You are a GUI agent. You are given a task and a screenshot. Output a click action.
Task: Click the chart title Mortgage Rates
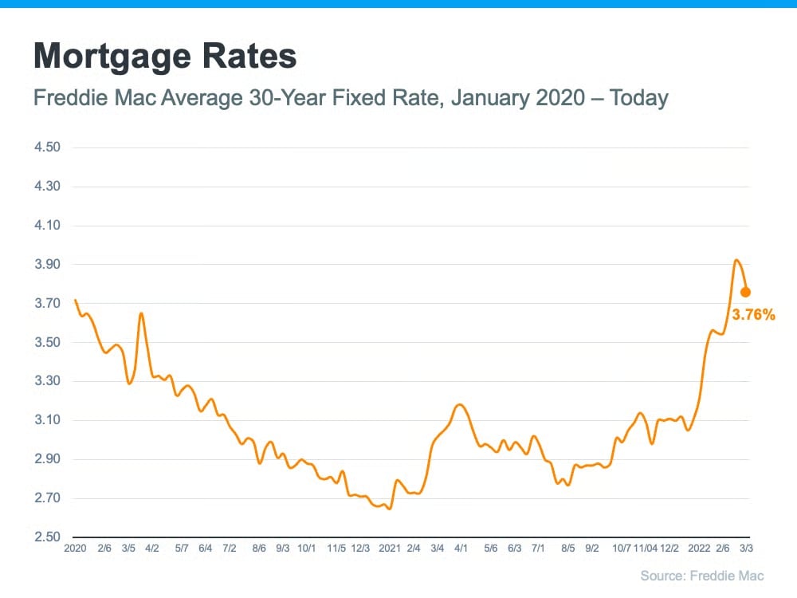point(164,57)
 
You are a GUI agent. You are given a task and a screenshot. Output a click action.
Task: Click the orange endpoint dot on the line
point(745,292)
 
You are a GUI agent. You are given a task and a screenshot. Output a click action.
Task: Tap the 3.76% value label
point(753,315)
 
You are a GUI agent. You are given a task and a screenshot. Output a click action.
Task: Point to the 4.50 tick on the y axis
point(49,148)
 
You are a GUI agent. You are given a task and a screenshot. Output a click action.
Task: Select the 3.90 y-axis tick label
point(49,265)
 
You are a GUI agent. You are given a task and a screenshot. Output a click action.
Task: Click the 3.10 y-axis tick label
point(49,420)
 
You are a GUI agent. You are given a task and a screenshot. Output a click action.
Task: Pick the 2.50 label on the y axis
point(49,537)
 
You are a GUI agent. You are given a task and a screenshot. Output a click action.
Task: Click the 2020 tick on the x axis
point(74,549)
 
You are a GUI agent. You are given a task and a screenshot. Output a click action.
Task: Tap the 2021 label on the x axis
point(390,549)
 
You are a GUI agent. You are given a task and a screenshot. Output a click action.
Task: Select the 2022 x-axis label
point(699,549)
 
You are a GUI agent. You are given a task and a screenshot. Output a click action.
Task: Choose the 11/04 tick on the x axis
point(646,549)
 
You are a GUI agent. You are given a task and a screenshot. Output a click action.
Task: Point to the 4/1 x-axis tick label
point(461,549)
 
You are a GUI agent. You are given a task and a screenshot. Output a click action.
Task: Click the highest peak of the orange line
point(736,260)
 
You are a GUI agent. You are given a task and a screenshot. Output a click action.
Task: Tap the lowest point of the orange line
point(389,509)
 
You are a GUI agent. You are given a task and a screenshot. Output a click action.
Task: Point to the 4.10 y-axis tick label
point(49,226)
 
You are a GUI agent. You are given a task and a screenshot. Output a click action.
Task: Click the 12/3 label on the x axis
point(360,549)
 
